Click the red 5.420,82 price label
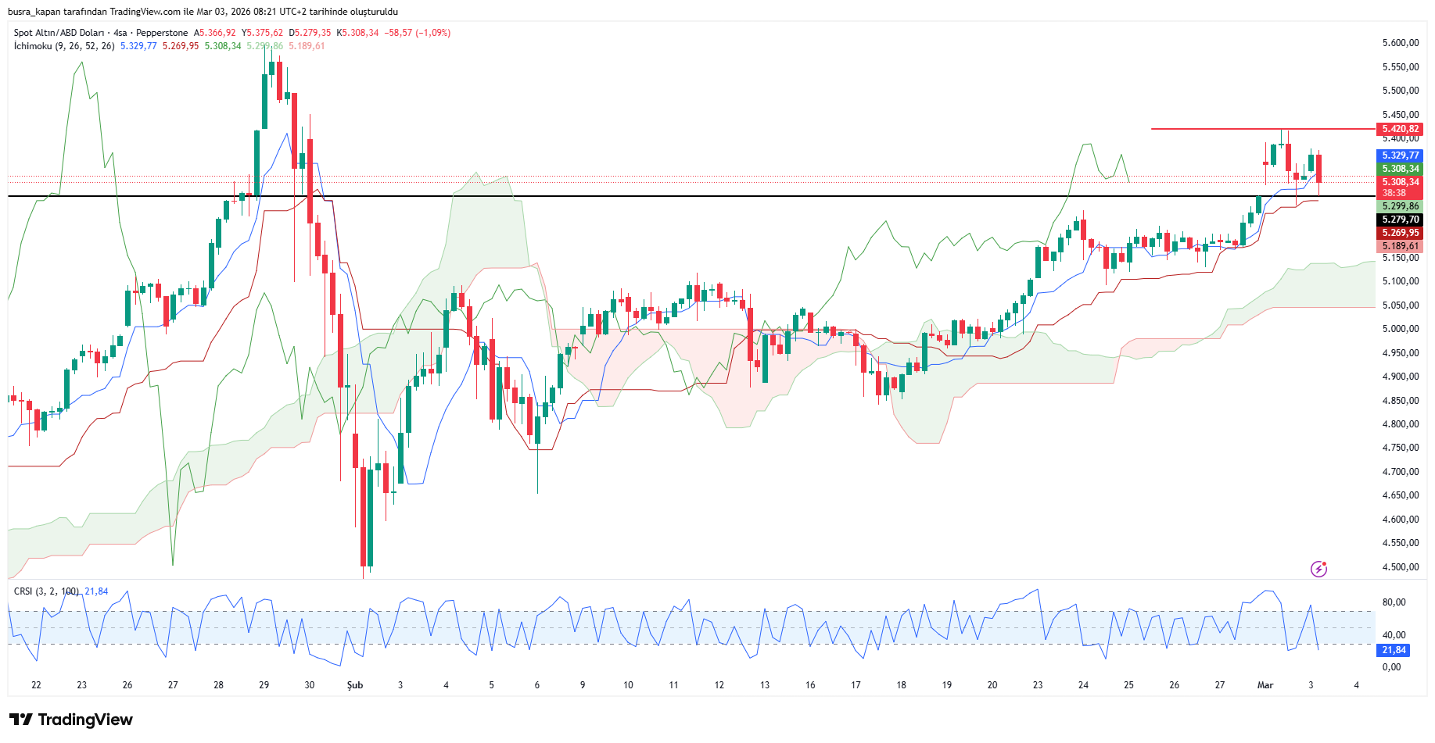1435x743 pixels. coord(1399,129)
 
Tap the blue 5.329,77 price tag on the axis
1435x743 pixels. coord(1399,155)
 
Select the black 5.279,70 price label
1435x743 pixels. coord(1399,220)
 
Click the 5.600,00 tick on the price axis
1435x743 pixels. coord(1400,43)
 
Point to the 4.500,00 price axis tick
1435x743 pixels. coord(1400,567)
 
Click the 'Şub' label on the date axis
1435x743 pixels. coord(355,685)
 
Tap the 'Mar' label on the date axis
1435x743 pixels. coord(1265,685)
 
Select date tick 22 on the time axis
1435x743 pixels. coord(36,685)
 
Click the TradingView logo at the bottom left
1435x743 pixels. coord(71,720)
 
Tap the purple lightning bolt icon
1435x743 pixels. coord(1318,569)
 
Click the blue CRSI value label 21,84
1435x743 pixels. coord(1394,650)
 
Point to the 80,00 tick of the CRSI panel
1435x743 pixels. coord(1394,602)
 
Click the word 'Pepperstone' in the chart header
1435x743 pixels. coord(162,33)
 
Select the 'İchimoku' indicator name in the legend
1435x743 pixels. coord(33,46)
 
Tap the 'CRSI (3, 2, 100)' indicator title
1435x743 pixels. coord(46,591)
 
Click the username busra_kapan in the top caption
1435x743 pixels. coord(35,12)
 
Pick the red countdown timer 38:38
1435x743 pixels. coord(1394,193)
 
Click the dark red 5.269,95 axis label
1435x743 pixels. coord(1399,233)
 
